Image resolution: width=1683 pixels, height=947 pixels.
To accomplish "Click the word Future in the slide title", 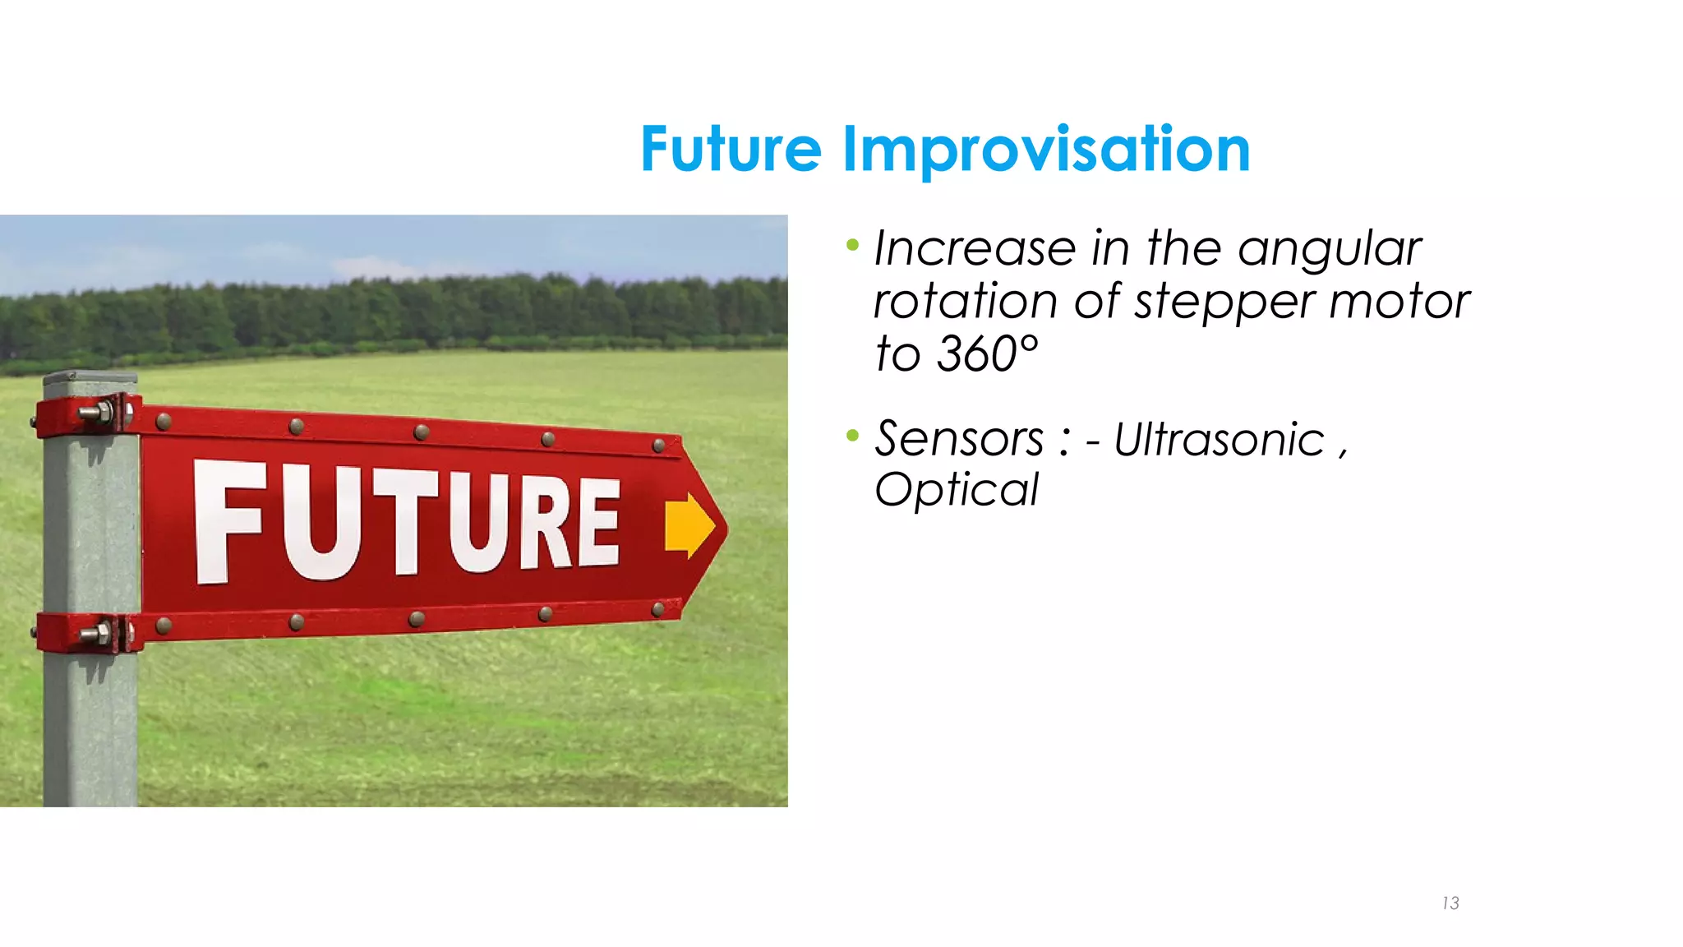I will (x=730, y=150).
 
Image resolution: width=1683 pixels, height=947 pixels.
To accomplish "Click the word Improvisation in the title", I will (x=1045, y=150).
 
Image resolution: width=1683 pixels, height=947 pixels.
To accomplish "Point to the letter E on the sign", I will (x=597, y=523).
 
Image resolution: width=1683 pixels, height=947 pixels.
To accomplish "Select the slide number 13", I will (x=1450, y=903).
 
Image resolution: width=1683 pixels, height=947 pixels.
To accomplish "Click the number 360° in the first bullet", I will (x=988, y=354).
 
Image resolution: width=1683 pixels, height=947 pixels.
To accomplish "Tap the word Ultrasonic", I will (x=1219, y=439).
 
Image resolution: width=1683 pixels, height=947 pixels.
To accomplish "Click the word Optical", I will (x=957, y=490).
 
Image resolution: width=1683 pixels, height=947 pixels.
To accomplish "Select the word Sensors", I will (x=959, y=439).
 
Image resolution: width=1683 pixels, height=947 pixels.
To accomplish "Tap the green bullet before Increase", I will (x=852, y=244).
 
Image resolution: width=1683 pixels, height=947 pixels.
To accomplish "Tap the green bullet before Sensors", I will (x=852, y=435).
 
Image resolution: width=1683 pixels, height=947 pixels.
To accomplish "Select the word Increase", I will (x=975, y=248).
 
